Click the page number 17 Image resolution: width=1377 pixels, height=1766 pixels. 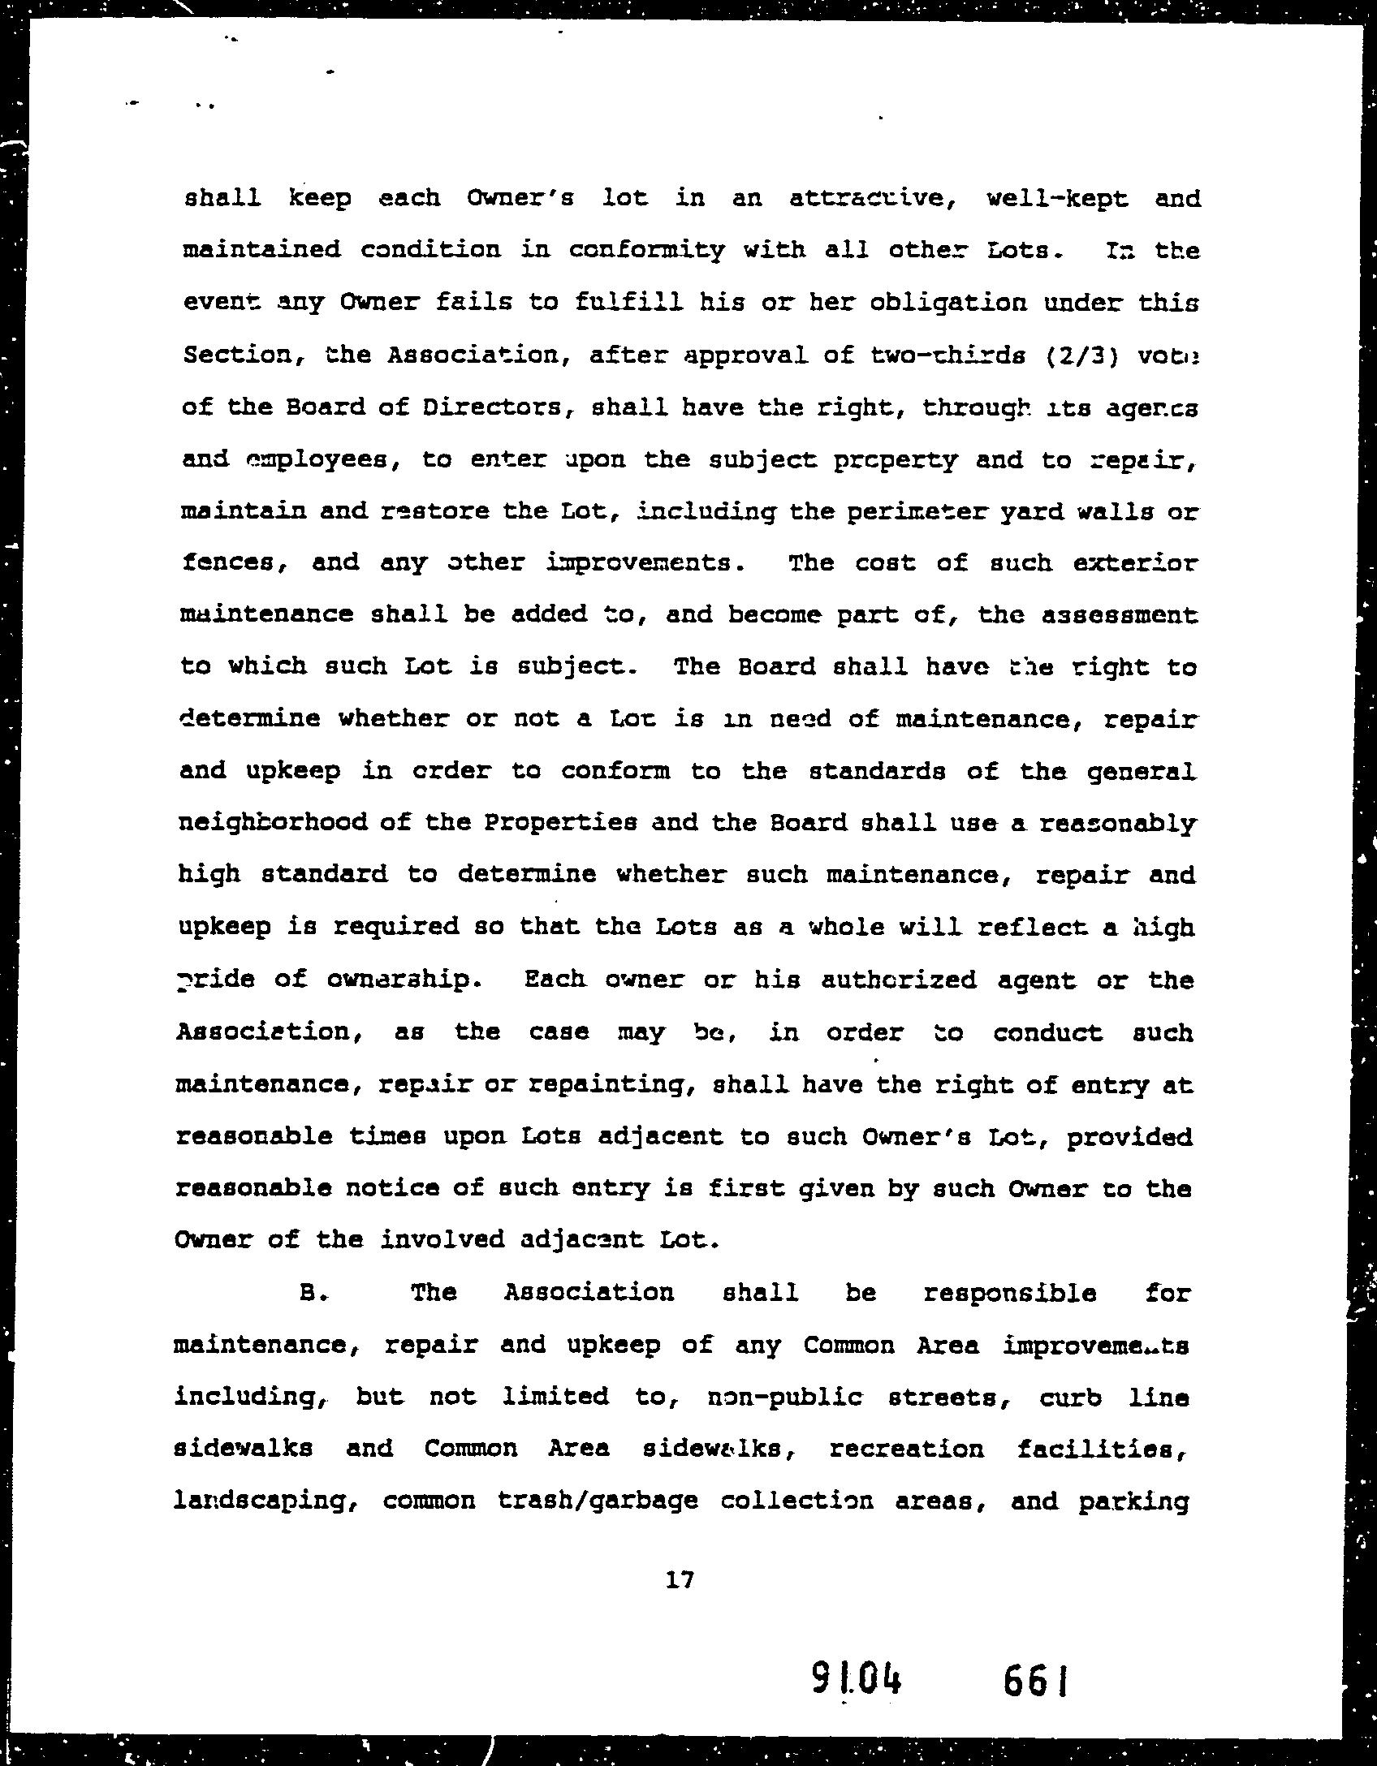(679, 1579)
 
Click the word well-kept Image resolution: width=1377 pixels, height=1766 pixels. (1056, 199)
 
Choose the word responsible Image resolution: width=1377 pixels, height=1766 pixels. (1010, 1293)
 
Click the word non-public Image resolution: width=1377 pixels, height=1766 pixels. (783, 1397)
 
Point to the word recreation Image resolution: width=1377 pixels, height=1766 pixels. (906, 1449)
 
